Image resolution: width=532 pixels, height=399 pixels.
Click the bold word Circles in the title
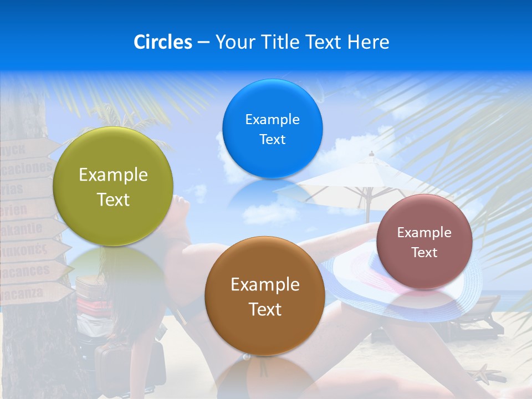coord(162,42)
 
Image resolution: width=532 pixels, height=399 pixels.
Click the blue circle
coord(272,129)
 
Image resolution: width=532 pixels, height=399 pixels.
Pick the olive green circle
coord(113,186)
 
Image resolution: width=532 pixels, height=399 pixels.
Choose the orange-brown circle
coord(265,296)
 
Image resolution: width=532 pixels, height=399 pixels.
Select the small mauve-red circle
coord(424,242)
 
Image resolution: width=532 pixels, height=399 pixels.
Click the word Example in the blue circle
coord(272,119)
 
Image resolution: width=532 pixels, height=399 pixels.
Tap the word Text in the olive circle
coord(113,199)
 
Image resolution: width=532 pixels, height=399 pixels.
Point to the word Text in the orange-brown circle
coord(265,309)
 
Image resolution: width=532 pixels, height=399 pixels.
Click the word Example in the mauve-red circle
coord(424,232)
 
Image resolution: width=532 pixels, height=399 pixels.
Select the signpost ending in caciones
coord(28,166)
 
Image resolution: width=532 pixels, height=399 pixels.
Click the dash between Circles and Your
coord(203,43)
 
